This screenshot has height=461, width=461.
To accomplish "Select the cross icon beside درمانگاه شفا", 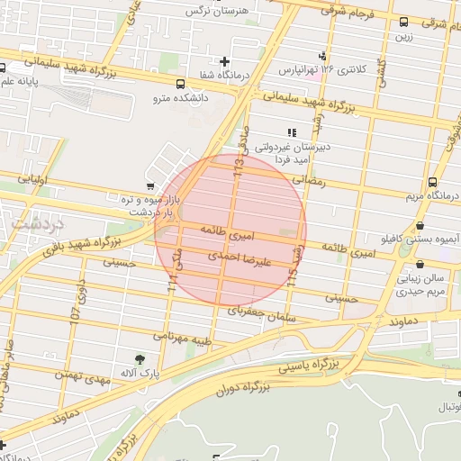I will pos(224,62).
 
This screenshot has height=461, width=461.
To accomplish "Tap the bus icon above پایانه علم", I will pos(4,68).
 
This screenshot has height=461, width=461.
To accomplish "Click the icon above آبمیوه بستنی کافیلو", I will pos(420,226).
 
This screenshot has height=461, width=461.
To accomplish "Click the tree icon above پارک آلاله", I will pos(138,358).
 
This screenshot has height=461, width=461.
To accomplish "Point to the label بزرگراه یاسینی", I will pos(312,365).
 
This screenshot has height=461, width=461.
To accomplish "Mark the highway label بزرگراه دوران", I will pos(243,389).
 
